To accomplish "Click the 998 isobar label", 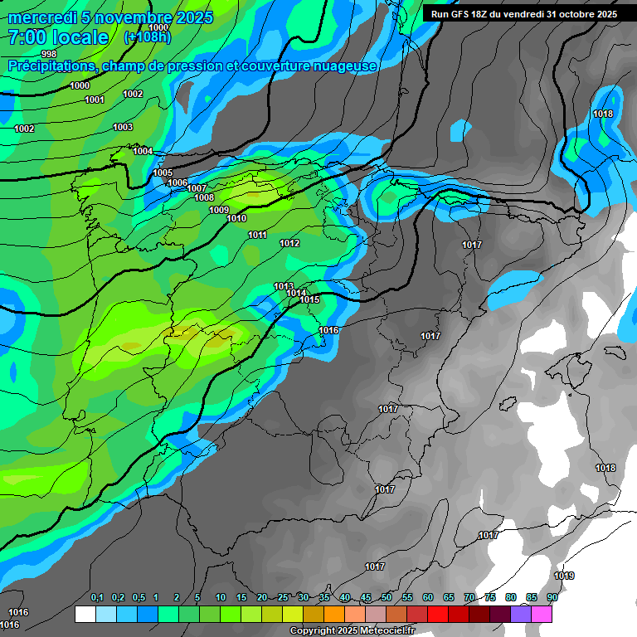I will (x=48, y=54).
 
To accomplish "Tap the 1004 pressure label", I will (x=143, y=151).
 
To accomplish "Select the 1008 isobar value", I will (x=204, y=197).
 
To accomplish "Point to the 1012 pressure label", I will (x=289, y=243).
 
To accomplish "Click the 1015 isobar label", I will (x=310, y=299).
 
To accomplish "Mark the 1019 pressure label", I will (x=564, y=576).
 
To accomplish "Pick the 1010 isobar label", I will (x=236, y=218).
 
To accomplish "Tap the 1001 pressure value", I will (x=95, y=100).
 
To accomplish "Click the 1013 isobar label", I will (x=284, y=286).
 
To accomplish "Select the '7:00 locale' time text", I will (x=58, y=37).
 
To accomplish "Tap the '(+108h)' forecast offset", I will (x=147, y=37).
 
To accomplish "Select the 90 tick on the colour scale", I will (x=552, y=597).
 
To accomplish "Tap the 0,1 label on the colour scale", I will (x=96, y=597).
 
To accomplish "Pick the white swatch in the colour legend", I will (x=85, y=614).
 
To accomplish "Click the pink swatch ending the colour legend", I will (x=542, y=614).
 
